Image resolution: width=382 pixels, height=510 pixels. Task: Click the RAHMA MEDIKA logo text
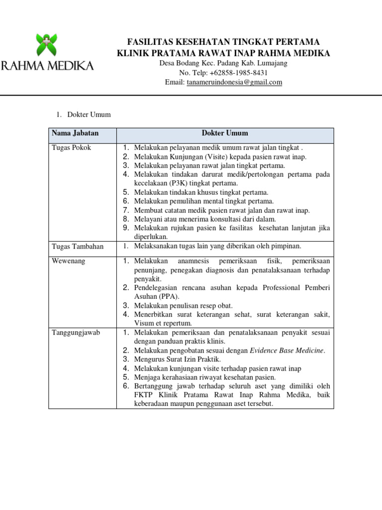coord(47,65)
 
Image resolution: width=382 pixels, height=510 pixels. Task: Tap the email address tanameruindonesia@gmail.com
coord(234,82)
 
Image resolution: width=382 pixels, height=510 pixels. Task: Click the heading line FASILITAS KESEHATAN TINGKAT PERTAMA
coord(223,41)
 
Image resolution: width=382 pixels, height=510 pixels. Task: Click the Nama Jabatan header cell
coord(75,133)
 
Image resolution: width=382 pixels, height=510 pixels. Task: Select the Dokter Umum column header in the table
coord(224,133)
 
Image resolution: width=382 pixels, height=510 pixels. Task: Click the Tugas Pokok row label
coord(72,148)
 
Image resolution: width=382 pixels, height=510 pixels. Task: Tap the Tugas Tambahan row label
coord(77,246)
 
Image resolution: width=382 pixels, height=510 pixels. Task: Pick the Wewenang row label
coord(68,261)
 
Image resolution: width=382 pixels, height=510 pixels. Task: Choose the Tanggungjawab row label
coord(76,333)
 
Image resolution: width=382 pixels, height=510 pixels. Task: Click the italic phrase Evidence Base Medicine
coord(287,351)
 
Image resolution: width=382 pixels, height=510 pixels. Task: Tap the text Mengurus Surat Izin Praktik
coord(178,360)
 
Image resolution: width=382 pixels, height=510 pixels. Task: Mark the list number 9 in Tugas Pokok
coord(126,228)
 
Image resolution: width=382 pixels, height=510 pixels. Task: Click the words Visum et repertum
coord(163,323)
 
